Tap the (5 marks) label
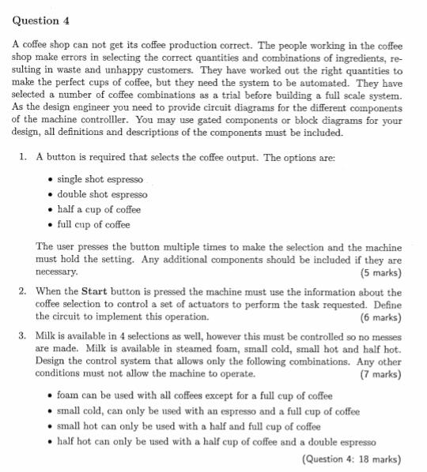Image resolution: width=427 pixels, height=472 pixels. pos(380,273)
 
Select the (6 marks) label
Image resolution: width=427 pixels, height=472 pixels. pos(380,317)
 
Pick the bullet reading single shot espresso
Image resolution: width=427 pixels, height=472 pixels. pos(99,180)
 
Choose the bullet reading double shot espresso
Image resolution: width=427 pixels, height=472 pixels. pos(101,194)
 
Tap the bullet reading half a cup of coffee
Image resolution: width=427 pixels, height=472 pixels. pos(98,209)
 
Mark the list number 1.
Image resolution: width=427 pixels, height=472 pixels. pos(23,158)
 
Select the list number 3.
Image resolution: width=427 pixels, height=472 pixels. pos(23,335)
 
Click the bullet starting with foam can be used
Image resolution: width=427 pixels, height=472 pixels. pos(185,396)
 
